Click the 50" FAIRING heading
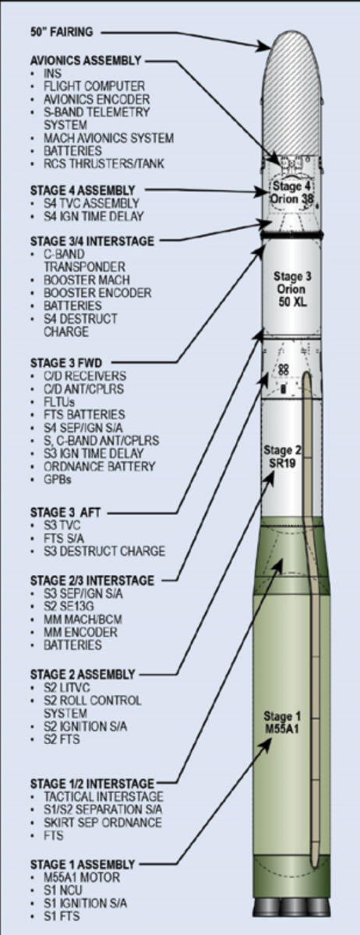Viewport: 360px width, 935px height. tap(62, 32)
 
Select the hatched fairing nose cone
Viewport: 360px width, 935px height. tap(292, 93)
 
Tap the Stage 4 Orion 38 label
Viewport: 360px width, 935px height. tap(292, 192)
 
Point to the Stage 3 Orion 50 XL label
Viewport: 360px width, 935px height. tap(292, 289)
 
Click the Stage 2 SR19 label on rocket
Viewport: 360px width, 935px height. tap(282, 457)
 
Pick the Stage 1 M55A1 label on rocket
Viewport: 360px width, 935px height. tap(282, 722)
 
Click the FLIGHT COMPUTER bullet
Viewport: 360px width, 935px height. tap(94, 86)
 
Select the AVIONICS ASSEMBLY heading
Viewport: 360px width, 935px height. tap(86, 61)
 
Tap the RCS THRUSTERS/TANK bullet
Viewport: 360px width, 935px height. tap(104, 164)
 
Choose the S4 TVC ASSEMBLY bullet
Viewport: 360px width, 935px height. tap(91, 203)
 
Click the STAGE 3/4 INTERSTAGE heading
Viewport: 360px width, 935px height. tap(92, 242)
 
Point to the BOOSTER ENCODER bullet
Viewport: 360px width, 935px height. tap(97, 293)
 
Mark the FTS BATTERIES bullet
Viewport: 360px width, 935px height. tap(84, 415)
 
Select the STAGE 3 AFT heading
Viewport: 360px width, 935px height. tap(65, 512)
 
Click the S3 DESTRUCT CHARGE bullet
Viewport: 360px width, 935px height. tap(104, 552)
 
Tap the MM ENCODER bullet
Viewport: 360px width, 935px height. tap(80, 633)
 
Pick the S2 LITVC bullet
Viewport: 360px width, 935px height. tap(67, 687)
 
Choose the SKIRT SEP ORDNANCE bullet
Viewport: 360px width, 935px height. tap(103, 823)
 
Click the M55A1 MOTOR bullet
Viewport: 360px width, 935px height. tap(82, 877)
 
